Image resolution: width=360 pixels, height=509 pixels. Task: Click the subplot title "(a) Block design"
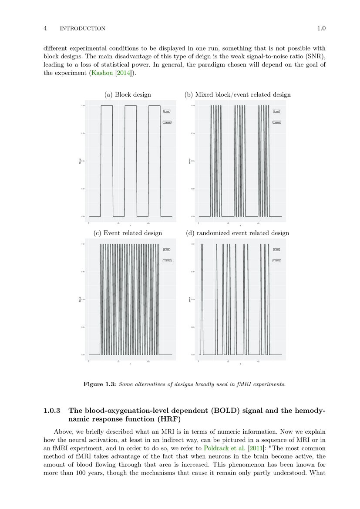(128, 94)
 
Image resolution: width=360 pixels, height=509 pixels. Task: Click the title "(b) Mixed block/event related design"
(238, 94)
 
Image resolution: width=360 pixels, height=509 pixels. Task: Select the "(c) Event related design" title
(128, 233)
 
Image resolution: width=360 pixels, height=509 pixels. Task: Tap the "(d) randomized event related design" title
(238, 233)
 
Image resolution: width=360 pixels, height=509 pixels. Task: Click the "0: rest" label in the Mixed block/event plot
(277, 111)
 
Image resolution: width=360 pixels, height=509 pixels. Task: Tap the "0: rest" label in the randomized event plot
(277, 249)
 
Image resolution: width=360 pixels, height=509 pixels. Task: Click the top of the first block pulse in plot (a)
(107, 106)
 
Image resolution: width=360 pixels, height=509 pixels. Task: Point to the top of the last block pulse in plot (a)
(154, 106)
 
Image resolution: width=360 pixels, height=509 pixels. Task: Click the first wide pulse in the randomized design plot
(202, 245)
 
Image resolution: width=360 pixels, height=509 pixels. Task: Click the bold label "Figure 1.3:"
(99, 384)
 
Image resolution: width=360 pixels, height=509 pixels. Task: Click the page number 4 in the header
(45, 29)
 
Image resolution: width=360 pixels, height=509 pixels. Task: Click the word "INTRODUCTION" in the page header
(82, 29)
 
